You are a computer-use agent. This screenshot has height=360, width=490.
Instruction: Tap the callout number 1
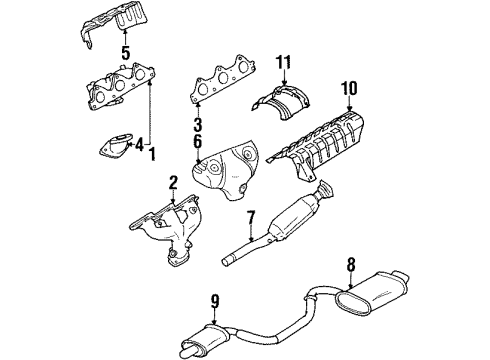click(x=153, y=156)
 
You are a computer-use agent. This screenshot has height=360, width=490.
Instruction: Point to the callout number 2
click(x=172, y=182)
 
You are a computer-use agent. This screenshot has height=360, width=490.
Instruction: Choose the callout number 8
click(x=349, y=265)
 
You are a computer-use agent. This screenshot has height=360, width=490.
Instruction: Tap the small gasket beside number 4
click(x=113, y=149)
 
